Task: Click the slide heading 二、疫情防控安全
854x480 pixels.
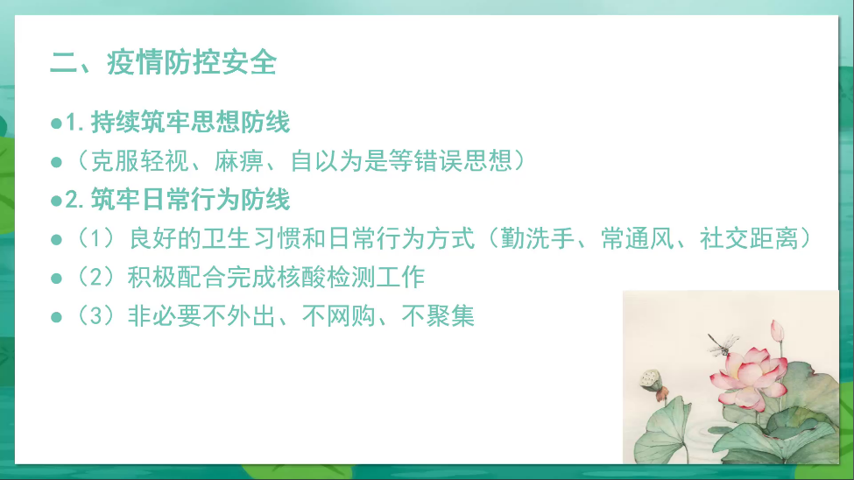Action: pos(164,62)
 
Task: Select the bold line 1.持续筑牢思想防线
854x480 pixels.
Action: pos(178,122)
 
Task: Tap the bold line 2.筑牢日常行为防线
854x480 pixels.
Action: pos(178,200)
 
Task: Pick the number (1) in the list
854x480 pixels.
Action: pos(96,238)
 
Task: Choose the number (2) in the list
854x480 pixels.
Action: pos(96,277)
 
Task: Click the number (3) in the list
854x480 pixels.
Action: pos(96,315)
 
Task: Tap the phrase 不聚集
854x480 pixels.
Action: pos(439,315)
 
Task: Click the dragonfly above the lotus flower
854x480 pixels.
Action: pos(723,343)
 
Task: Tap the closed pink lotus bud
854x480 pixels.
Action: pos(778,331)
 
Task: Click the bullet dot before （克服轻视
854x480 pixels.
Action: pos(56,162)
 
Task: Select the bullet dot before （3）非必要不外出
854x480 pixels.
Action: pos(56,316)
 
